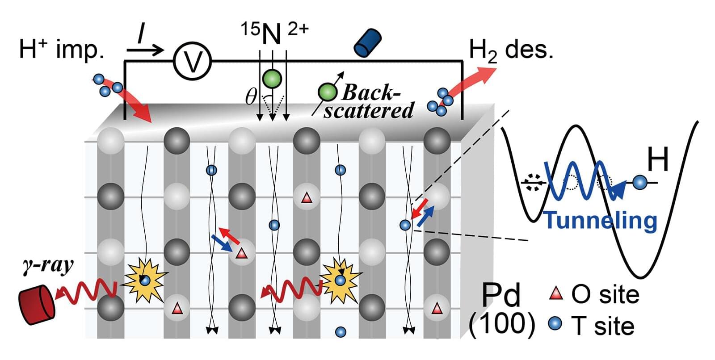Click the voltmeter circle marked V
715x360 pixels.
click(x=192, y=62)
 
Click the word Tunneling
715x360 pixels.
click(x=601, y=220)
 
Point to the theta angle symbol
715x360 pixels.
click(x=251, y=97)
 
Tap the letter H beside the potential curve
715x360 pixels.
click(x=658, y=160)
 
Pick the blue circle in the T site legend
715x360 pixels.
click(x=555, y=324)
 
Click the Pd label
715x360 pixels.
click(x=501, y=295)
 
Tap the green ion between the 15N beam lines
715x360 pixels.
click(x=272, y=78)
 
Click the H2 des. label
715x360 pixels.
click(x=511, y=50)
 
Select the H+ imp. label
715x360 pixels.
click(x=61, y=49)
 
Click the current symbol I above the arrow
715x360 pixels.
click(x=140, y=34)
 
